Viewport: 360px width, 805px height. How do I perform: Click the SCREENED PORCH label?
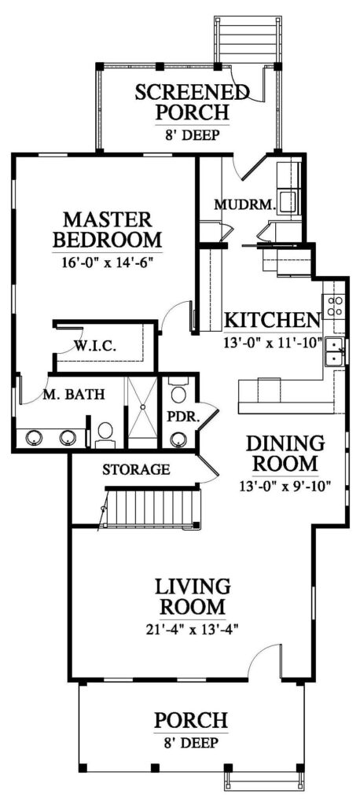click(192, 101)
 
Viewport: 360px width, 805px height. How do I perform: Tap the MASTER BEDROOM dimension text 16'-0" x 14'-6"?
click(108, 261)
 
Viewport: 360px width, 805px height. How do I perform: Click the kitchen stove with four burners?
click(335, 306)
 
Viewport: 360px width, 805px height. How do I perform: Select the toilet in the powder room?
click(178, 391)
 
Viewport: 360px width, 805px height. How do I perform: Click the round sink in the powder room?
click(178, 439)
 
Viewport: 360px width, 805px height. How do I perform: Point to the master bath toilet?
click(105, 432)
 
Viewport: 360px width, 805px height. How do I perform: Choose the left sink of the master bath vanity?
click(35, 439)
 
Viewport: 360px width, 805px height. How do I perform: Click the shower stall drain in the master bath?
click(141, 406)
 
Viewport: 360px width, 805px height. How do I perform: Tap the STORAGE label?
click(135, 469)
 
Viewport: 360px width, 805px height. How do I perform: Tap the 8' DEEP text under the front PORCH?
click(191, 742)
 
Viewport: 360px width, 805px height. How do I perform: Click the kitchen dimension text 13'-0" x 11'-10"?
click(273, 340)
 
